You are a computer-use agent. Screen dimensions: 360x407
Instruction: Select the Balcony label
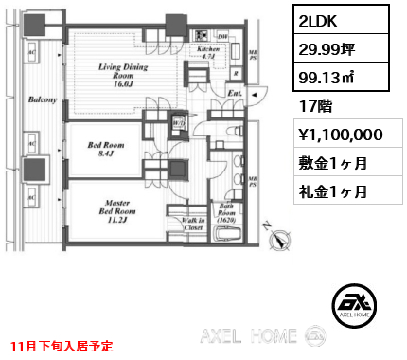pyautogui.click(x=38, y=99)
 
